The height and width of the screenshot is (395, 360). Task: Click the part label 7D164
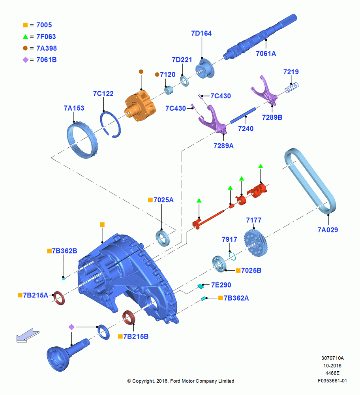(201, 33)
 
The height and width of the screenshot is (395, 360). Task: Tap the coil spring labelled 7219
(292, 87)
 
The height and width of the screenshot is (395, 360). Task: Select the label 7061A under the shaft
(266, 54)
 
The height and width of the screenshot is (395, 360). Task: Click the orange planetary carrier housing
(140, 106)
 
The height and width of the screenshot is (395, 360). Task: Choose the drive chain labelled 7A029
(310, 181)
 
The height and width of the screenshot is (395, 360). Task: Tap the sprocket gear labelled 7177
(256, 243)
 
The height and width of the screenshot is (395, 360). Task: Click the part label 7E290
(221, 285)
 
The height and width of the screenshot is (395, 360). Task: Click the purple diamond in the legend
(25, 60)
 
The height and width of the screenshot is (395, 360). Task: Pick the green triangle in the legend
(25, 37)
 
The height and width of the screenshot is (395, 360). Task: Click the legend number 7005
(44, 25)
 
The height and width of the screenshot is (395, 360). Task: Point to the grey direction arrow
(28, 335)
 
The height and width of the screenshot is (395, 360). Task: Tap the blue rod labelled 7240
(243, 116)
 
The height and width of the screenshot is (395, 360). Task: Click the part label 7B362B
(64, 251)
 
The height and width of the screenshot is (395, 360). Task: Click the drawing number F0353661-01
(332, 381)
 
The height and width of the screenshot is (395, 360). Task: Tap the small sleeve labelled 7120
(169, 90)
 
